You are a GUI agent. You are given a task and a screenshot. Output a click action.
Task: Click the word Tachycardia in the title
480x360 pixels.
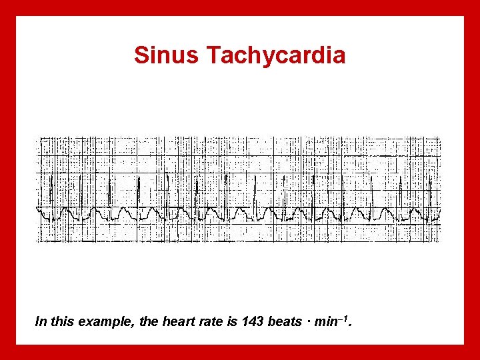click(x=276, y=55)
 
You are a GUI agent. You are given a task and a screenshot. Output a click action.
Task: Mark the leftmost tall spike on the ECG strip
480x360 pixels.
click(x=53, y=190)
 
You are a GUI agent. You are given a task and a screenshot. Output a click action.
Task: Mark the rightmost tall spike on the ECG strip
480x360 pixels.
click(x=429, y=190)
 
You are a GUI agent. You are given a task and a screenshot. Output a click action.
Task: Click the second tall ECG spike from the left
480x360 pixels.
click(x=81, y=190)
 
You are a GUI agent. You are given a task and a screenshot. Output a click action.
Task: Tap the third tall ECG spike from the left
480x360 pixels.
click(x=109, y=190)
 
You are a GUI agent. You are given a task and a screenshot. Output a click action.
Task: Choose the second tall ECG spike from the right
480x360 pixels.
click(x=400, y=190)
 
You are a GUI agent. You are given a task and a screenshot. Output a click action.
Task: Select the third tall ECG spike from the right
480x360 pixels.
click(x=371, y=190)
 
